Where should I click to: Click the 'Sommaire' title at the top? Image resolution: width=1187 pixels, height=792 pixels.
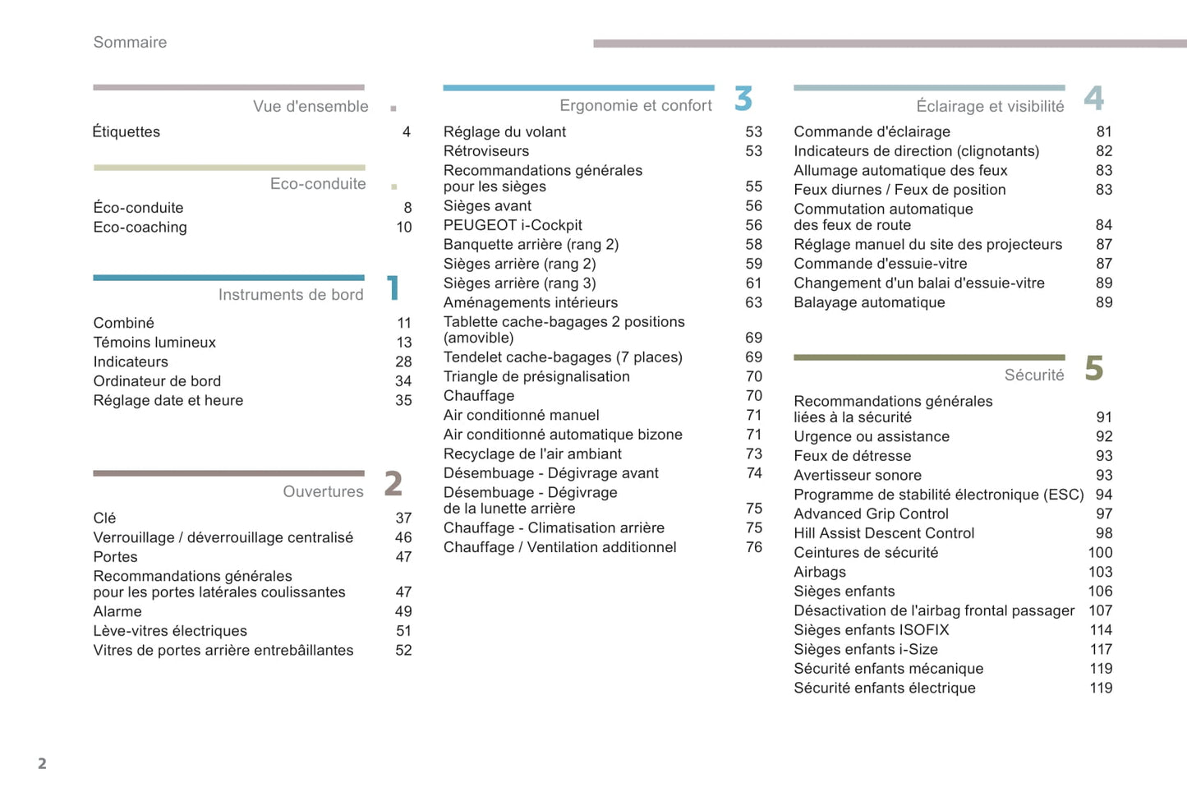(130, 43)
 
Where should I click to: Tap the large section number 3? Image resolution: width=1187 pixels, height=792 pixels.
(743, 99)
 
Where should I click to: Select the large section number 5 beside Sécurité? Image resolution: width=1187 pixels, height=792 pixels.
(1093, 368)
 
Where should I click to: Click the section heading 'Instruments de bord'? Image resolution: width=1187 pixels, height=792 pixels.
(291, 295)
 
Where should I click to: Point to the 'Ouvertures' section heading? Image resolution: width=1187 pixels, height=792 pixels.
(323, 491)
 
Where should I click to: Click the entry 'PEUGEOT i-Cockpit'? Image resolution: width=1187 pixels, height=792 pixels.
(513, 225)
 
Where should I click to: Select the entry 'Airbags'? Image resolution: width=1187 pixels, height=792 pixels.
(820, 572)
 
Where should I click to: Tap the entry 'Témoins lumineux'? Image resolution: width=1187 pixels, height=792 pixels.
(154, 343)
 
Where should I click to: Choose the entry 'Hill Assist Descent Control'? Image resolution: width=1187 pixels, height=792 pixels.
(884, 533)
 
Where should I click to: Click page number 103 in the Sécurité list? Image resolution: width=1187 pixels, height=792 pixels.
(1100, 572)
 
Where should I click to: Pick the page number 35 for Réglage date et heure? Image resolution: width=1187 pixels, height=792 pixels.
(403, 401)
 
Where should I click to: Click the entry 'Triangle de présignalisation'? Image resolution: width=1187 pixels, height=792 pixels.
(536, 376)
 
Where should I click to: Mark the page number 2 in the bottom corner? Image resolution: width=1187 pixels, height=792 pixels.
(42, 763)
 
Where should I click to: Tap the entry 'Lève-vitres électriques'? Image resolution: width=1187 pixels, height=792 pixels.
(170, 631)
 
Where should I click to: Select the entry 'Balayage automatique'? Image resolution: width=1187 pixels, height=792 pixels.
(869, 302)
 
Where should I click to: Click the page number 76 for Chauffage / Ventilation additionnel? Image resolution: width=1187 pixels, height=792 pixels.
(754, 547)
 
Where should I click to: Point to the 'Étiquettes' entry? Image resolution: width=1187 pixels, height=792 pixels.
(127, 132)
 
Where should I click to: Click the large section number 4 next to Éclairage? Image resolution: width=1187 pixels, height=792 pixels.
(1093, 99)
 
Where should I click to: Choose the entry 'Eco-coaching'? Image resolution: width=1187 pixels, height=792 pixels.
(140, 228)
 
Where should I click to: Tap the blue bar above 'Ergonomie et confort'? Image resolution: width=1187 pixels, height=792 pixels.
(578, 87)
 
